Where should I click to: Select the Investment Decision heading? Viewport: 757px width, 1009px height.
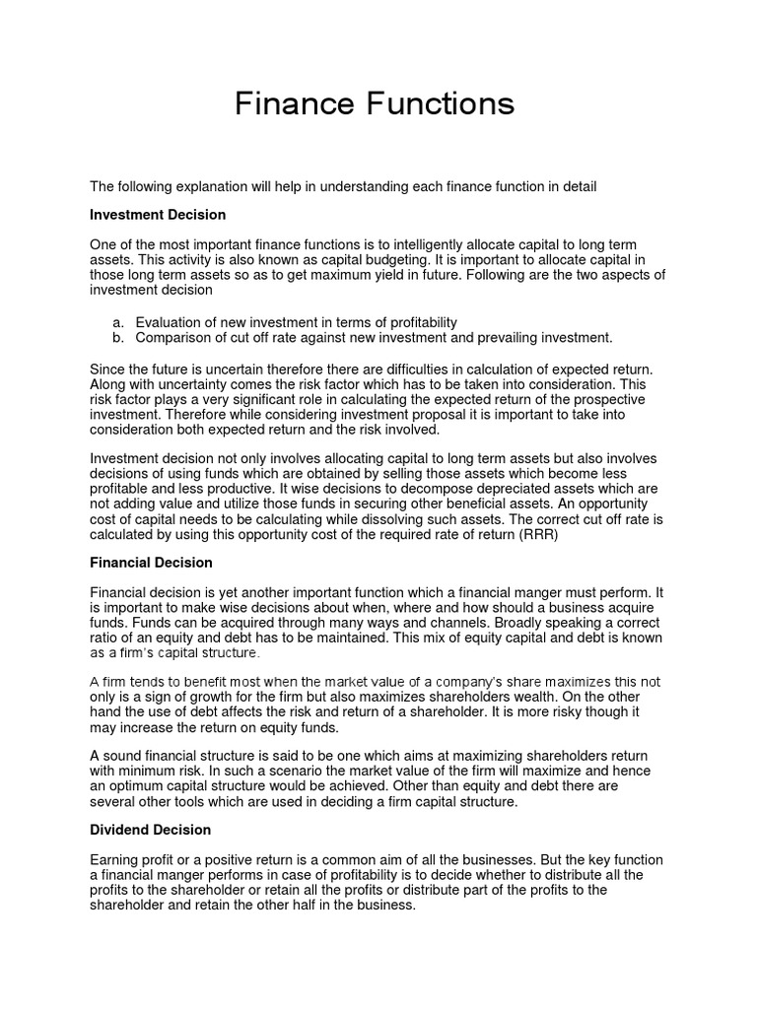click(x=158, y=214)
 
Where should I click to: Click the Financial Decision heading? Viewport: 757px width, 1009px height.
click(x=151, y=563)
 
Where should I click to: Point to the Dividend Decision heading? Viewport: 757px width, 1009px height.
click(x=149, y=831)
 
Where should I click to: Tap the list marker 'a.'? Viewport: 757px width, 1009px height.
click(x=117, y=322)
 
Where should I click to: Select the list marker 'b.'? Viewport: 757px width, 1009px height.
click(x=117, y=337)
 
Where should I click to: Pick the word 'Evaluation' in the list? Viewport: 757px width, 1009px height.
click(x=170, y=322)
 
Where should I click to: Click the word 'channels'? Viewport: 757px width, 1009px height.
click(x=445, y=623)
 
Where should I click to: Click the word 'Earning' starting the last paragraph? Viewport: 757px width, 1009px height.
click(x=114, y=860)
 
